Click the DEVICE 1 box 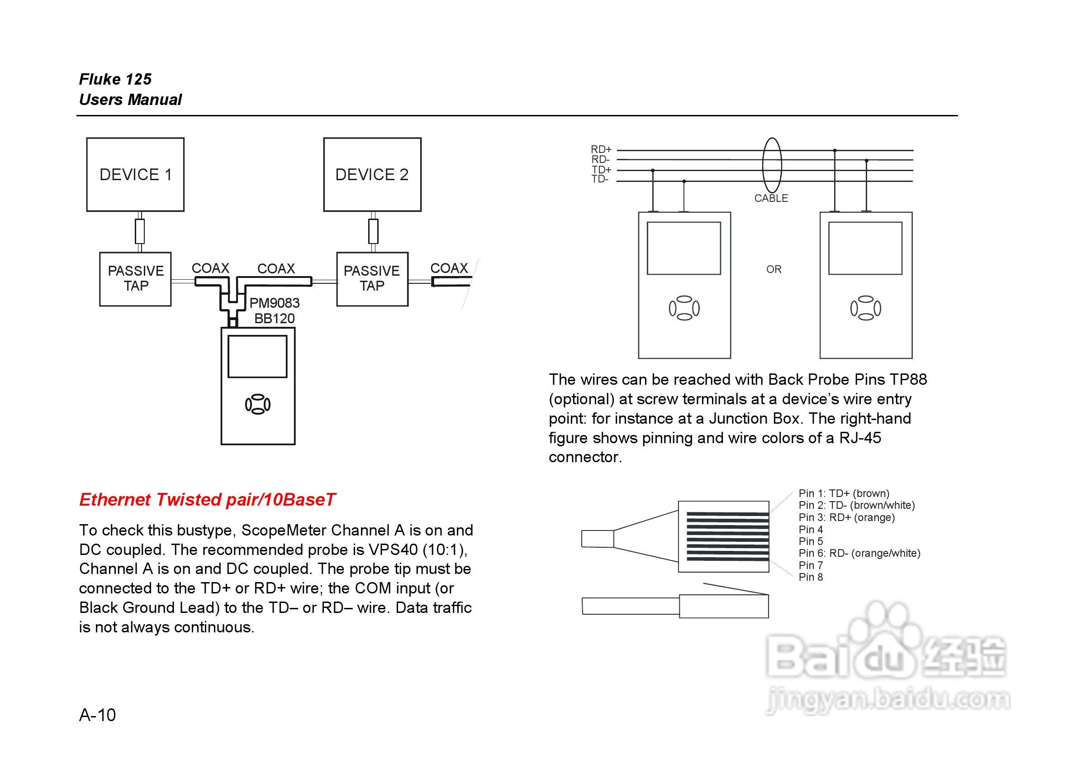click(x=135, y=175)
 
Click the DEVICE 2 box click(x=372, y=175)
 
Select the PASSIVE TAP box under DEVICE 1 click(x=135, y=279)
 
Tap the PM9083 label click(x=275, y=303)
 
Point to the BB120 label click(x=275, y=319)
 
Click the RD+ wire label click(x=601, y=150)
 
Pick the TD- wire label click(x=600, y=179)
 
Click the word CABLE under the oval click(x=771, y=199)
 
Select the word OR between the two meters click(x=773, y=269)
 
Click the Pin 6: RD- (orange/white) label click(x=859, y=554)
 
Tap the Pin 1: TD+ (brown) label click(x=844, y=493)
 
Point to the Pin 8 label click(x=811, y=578)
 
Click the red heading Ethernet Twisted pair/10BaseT click(x=207, y=500)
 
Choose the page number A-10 click(x=97, y=715)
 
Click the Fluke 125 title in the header click(x=115, y=79)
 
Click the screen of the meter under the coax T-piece click(x=257, y=356)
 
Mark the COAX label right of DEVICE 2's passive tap click(x=449, y=268)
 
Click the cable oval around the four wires click(x=772, y=165)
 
